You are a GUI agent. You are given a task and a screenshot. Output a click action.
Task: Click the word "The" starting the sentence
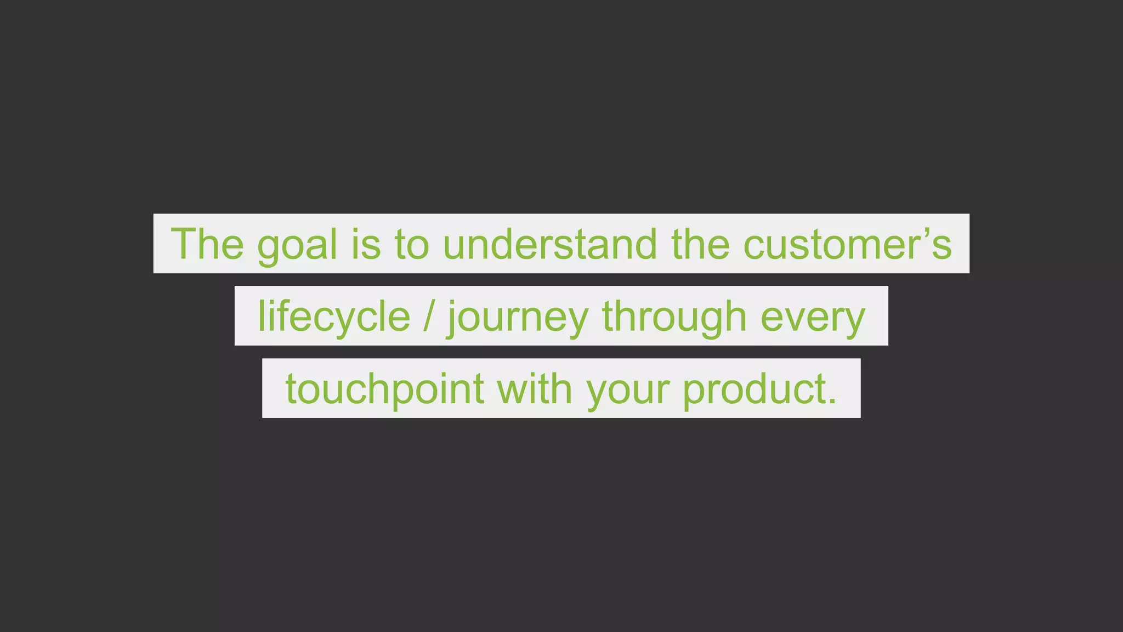(x=207, y=244)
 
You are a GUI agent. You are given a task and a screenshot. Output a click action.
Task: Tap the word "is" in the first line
(x=366, y=244)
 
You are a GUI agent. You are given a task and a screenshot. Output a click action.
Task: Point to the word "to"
(x=411, y=244)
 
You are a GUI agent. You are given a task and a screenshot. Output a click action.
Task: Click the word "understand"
(x=549, y=244)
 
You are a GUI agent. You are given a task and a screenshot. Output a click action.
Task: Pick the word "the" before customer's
(x=700, y=244)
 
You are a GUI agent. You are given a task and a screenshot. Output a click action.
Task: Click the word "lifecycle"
(x=334, y=317)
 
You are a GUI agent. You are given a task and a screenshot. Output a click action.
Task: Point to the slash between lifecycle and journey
(x=428, y=317)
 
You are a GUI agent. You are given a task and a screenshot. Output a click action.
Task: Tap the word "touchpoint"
(x=384, y=389)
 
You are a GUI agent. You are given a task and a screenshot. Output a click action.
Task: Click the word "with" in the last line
(x=534, y=388)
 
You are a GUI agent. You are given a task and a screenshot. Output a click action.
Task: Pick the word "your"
(x=627, y=390)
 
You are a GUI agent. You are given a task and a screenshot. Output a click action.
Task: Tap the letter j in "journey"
(x=452, y=318)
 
